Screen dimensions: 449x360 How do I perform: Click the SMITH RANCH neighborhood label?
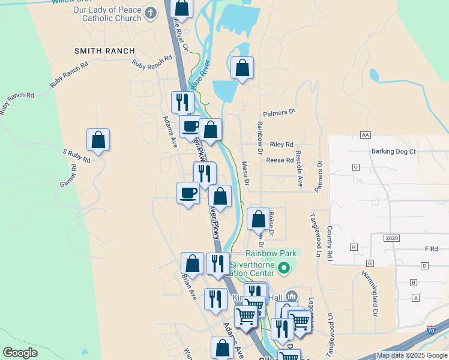click(x=104, y=51)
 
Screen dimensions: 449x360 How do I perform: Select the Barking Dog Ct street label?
click(x=393, y=152)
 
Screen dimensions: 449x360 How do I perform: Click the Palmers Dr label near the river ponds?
click(x=280, y=112)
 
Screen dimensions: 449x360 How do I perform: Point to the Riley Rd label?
click(x=282, y=145)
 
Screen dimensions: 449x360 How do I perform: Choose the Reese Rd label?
click(x=280, y=160)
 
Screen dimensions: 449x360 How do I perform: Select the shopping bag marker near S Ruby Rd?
click(x=98, y=140)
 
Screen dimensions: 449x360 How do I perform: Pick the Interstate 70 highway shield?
click(x=432, y=329)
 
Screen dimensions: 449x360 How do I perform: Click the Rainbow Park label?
click(x=271, y=254)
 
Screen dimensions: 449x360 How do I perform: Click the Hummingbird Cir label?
click(x=369, y=293)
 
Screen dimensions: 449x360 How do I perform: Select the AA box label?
click(x=365, y=135)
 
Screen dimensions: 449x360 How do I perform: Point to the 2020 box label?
click(x=393, y=238)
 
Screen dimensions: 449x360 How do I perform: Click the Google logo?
click(x=20, y=353)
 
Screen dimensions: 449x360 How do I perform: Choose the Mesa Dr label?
click(x=245, y=173)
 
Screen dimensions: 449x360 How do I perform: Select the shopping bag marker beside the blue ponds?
click(x=242, y=68)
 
